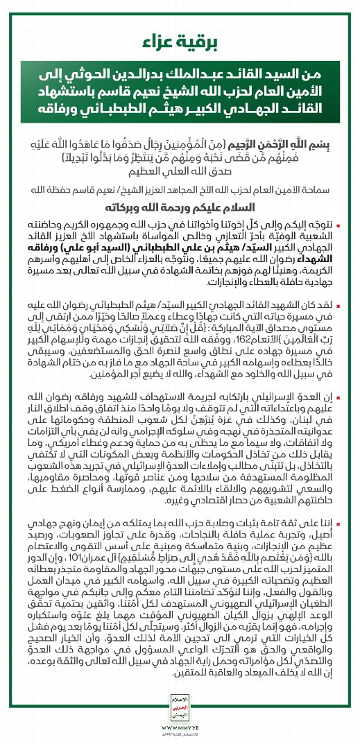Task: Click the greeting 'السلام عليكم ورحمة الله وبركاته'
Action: pyautogui.click(x=180, y=207)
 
